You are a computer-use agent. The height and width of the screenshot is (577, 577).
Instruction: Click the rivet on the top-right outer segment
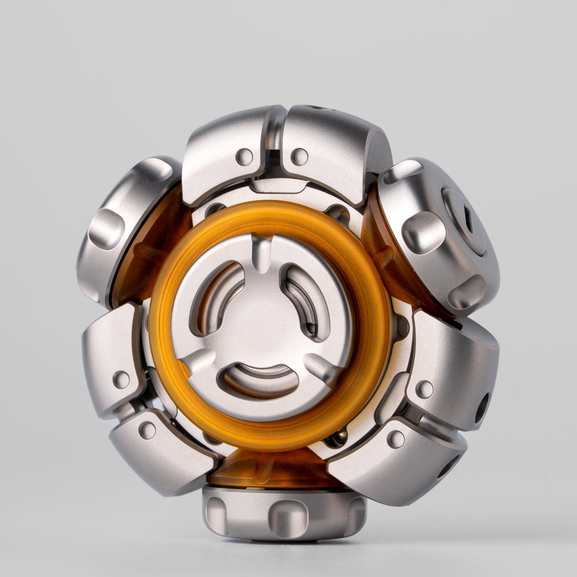tap(298, 154)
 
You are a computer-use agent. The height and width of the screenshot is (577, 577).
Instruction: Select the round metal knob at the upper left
tap(128, 224)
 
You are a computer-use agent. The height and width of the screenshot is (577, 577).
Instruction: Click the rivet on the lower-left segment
tap(149, 430)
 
